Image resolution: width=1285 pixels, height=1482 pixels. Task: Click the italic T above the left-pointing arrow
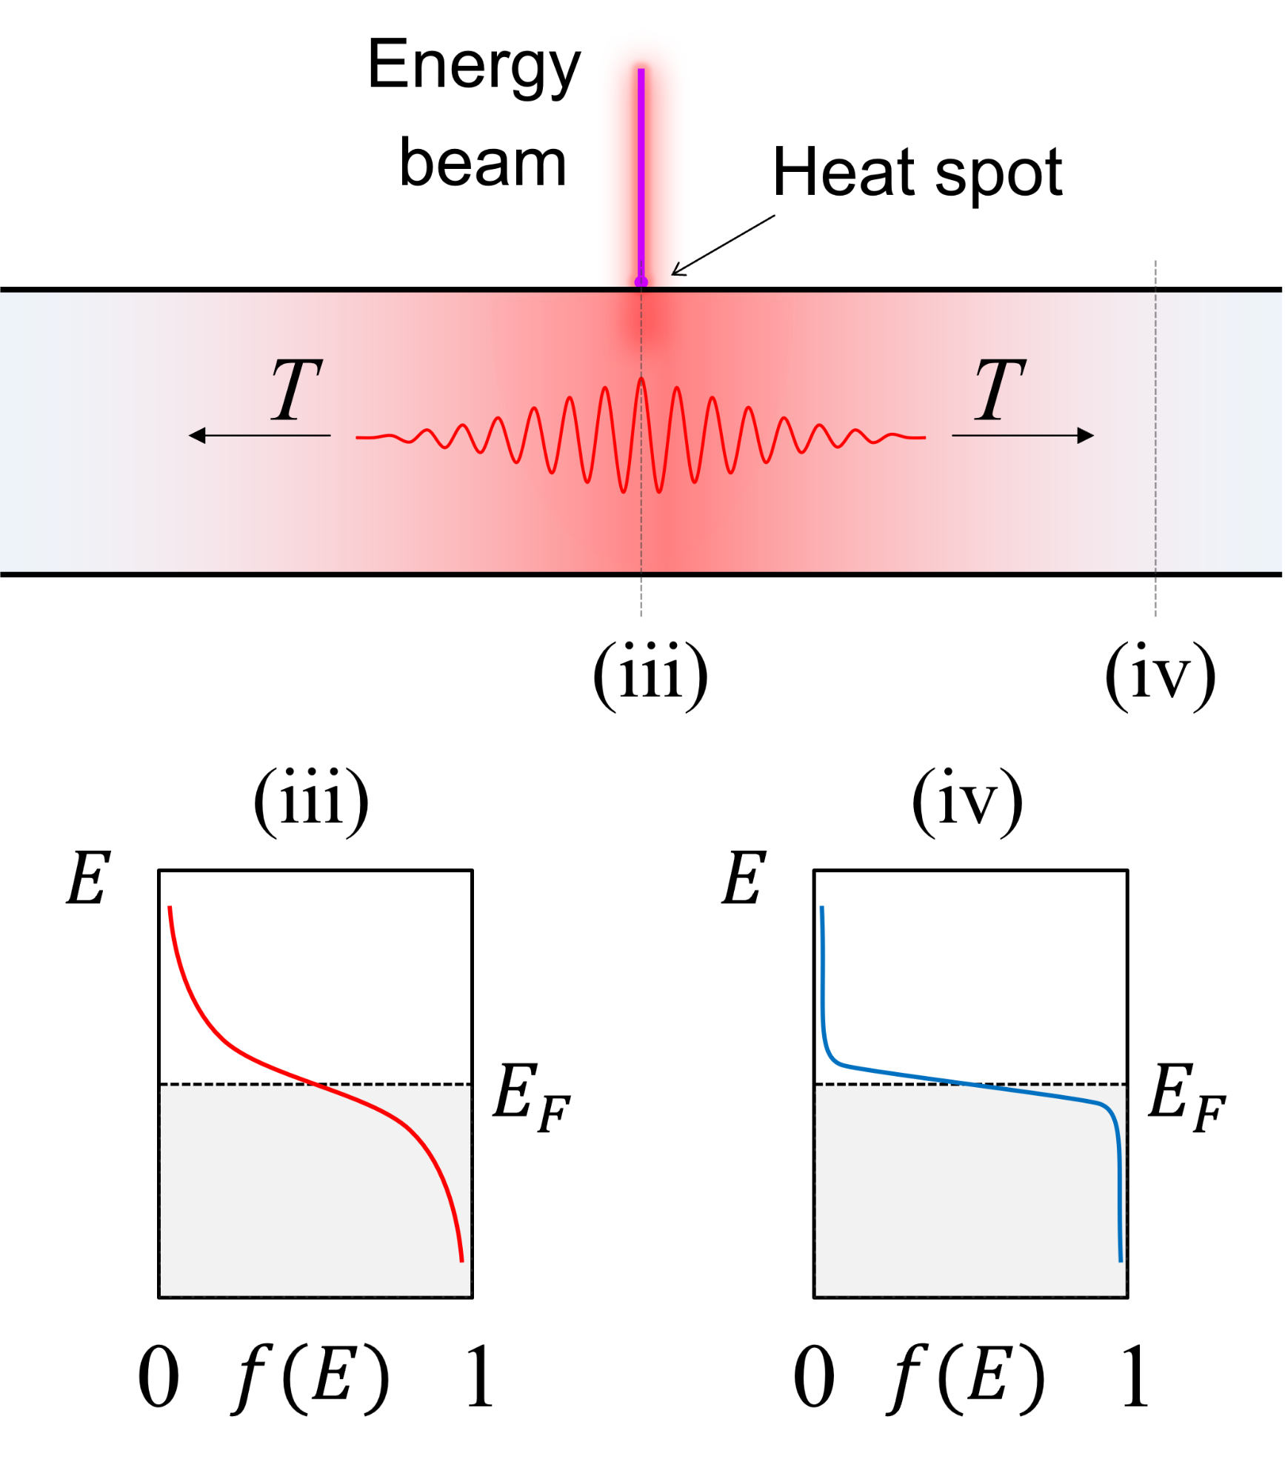296,390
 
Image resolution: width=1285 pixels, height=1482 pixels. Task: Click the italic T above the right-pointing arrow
1000,390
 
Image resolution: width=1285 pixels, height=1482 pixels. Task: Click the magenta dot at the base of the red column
641,282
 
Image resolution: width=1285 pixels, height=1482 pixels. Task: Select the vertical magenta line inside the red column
641,170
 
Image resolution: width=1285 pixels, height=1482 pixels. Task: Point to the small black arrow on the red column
680,269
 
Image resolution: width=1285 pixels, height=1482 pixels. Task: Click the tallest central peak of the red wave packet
641,379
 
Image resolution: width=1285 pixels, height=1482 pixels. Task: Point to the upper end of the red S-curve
170,908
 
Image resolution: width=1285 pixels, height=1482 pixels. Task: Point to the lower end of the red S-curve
461,1259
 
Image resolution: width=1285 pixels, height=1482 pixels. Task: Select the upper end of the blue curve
822,908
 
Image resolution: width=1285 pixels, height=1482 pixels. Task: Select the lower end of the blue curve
1121,1259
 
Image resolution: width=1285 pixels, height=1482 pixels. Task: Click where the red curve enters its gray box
315,1086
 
